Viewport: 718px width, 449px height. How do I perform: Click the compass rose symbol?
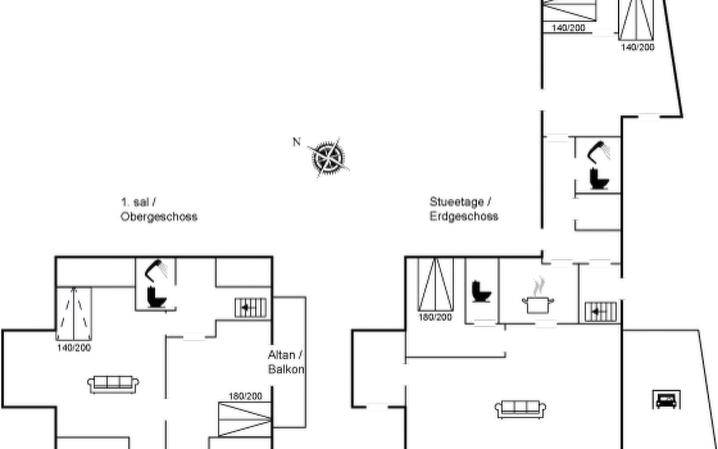tap(328, 158)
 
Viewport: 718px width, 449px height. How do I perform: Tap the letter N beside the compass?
tap(297, 142)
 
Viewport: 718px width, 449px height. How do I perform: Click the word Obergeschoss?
tap(159, 217)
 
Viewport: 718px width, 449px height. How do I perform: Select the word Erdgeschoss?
tap(464, 216)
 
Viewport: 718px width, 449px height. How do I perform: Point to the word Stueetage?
tap(457, 202)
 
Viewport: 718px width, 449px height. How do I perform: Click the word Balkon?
tap(286, 369)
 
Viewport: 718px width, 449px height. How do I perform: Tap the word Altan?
tap(281, 355)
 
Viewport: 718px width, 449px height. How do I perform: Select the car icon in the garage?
tap(666, 400)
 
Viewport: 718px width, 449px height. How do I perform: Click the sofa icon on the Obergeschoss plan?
tap(113, 384)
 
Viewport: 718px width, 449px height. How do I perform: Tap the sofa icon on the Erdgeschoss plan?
tap(520, 409)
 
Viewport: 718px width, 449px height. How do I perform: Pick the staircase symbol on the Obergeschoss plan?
tap(251, 308)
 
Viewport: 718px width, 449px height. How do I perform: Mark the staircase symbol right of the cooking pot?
tap(601, 311)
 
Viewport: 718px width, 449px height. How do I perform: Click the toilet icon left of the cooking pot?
tap(481, 291)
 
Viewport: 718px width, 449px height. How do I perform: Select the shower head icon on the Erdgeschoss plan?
tap(599, 152)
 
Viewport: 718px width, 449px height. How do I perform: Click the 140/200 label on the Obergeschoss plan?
tap(74, 348)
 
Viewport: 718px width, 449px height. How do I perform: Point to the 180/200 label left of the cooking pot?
tap(435, 317)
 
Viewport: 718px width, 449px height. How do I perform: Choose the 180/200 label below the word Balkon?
tap(245, 396)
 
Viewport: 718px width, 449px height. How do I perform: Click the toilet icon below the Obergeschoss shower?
tap(156, 297)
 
